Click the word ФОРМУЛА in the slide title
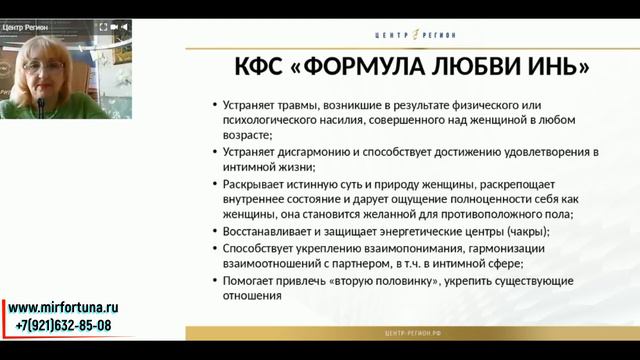pos(366,68)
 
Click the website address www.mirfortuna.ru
pos(65,309)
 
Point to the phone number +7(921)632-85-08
pos(64,326)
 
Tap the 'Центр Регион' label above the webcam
pos(28,27)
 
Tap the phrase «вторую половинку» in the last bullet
pos(387,280)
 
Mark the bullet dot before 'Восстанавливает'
pos(217,232)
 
